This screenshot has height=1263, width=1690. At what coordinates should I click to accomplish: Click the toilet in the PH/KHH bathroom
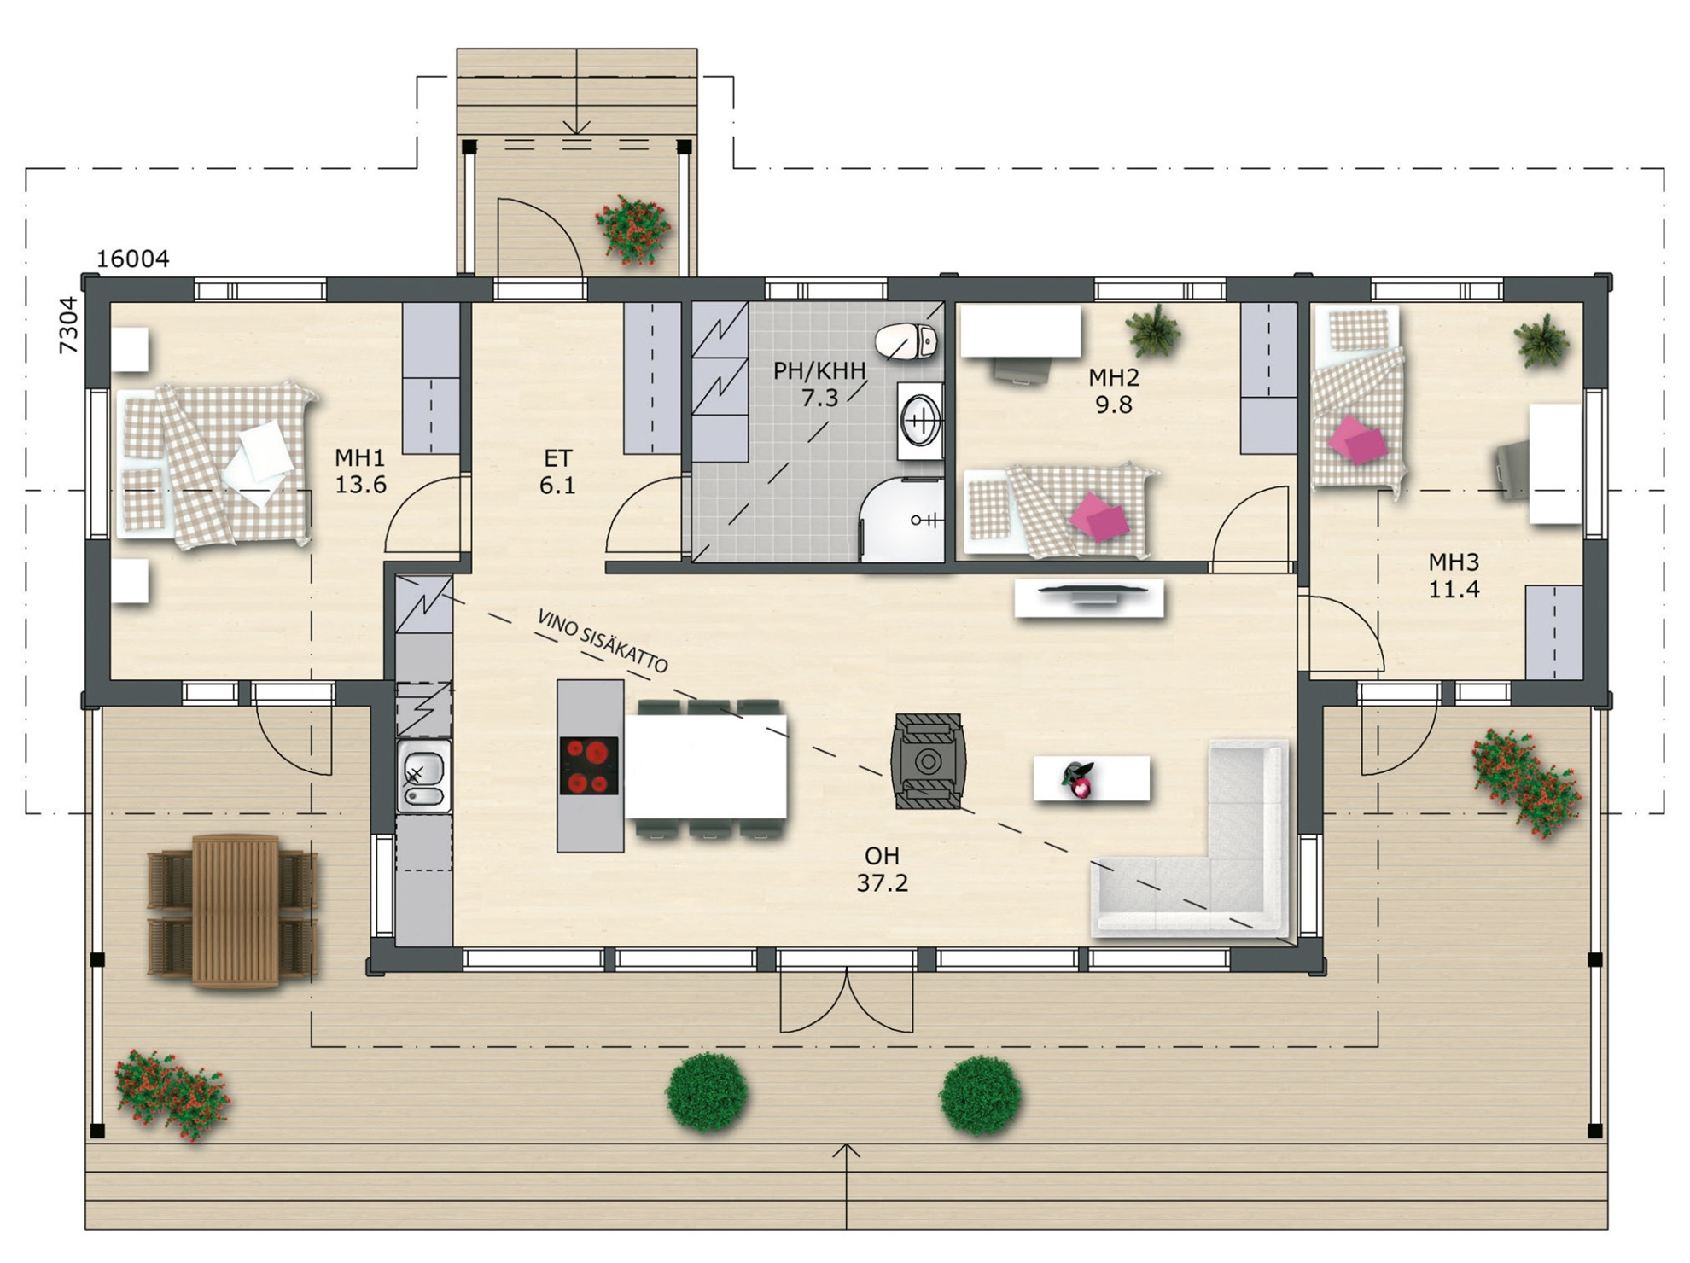click(906, 341)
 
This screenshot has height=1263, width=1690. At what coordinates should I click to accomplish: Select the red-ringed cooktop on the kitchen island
click(589, 765)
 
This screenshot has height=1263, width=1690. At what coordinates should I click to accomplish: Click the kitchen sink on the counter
click(423, 776)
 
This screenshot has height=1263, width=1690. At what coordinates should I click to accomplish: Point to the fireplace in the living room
click(928, 761)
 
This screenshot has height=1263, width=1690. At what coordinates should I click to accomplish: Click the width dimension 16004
click(132, 259)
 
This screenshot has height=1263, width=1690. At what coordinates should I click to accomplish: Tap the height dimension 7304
click(68, 325)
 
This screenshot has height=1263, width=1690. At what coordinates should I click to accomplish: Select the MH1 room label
click(360, 458)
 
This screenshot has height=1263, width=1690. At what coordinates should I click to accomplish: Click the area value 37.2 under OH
click(883, 883)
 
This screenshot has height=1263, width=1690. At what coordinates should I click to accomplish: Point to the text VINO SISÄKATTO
click(603, 641)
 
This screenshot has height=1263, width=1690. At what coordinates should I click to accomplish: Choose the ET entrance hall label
click(558, 458)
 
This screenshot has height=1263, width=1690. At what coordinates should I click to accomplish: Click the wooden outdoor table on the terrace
click(236, 911)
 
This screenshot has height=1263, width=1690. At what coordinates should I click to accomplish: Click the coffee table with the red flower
click(1092, 778)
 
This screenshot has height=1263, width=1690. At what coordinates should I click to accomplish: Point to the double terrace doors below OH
click(847, 1000)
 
